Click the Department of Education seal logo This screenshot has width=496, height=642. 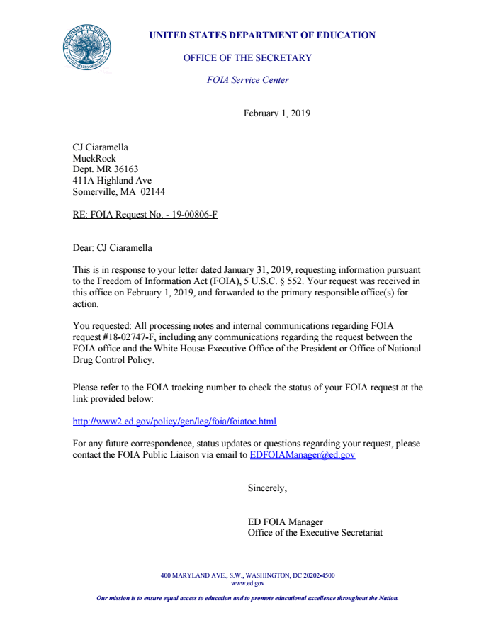86,47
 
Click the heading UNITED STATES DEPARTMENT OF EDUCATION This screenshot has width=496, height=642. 262,35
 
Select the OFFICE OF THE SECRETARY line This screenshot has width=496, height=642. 247,57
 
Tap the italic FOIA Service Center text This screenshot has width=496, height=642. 247,80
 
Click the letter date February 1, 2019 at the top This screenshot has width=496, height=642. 277,113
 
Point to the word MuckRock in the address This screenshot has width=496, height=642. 94,159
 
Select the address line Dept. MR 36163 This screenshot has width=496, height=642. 106,169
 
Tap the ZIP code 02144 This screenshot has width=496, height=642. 152,191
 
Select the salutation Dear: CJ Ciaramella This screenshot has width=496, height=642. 112,247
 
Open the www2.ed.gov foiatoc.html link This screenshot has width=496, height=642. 174,422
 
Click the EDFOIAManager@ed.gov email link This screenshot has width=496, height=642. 303,455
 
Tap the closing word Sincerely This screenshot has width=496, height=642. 267,488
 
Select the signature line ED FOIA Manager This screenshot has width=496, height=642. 285,522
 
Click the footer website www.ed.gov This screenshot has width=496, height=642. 247,583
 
